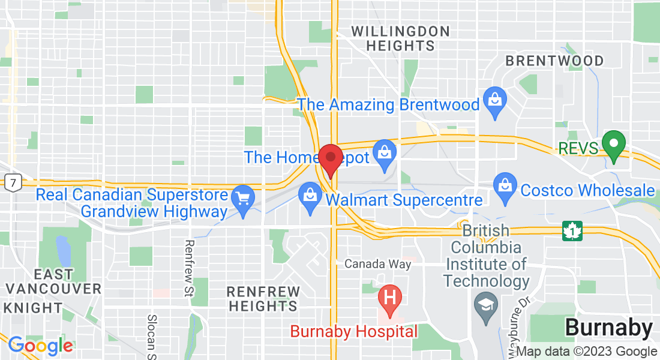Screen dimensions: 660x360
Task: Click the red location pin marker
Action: click(330, 159)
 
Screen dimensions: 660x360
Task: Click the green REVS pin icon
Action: click(614, 145)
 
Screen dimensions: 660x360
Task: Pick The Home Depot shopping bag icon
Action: click(385, 154)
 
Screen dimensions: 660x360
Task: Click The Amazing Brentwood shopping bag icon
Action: click(495, 102)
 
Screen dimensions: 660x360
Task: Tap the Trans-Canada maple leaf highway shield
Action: click(572, 230)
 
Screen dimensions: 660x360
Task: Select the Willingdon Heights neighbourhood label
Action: click(400, 38)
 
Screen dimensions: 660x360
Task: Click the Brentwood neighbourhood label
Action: click(554, 61)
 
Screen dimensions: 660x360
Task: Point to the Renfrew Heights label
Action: click(263, 298)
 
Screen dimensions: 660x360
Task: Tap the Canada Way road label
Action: click(378, 264)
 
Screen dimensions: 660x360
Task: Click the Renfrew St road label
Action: click(190, 268)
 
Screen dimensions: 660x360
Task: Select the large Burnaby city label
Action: click(608, 328)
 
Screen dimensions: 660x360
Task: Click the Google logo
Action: click(40, 346)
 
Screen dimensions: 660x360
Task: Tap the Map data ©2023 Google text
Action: click(586, 352)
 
